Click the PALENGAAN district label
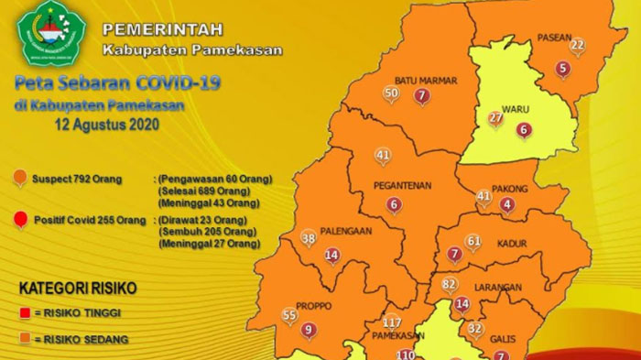pos(346,232)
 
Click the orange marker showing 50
pos(391,93)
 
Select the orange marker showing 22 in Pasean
pos(577,45)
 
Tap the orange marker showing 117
pos(393,322)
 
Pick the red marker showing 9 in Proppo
pos(309,330)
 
